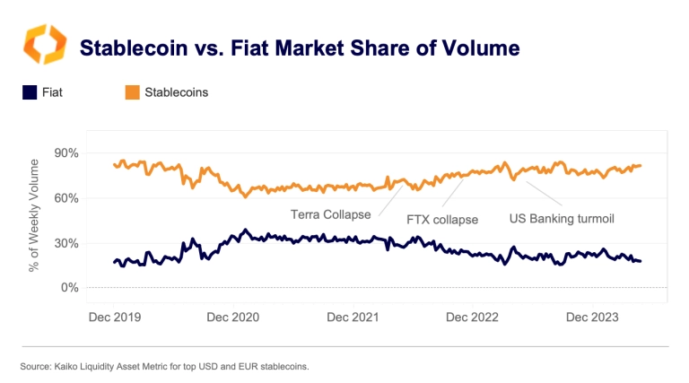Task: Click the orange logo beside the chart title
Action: tap(44, 45)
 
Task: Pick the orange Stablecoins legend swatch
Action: tap(132, 91)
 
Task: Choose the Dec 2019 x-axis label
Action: tap(115, 317)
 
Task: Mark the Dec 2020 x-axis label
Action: tap(232, 317)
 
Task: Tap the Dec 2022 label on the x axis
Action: tap(471, 317)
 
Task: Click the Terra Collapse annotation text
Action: tap(330, 214)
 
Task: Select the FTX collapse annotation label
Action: tap(442, 219)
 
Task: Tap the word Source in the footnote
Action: tap(32, 367)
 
